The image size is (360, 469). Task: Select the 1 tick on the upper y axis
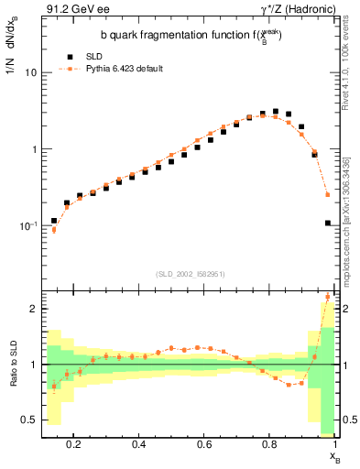click(x=32, y=148)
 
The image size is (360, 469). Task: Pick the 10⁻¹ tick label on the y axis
click(x=27, y=225)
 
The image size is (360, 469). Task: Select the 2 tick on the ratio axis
click(x=32, y=309)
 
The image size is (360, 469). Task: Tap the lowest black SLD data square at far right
click(x=328, y=224)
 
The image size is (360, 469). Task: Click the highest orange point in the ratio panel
click(x=328, y=296)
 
